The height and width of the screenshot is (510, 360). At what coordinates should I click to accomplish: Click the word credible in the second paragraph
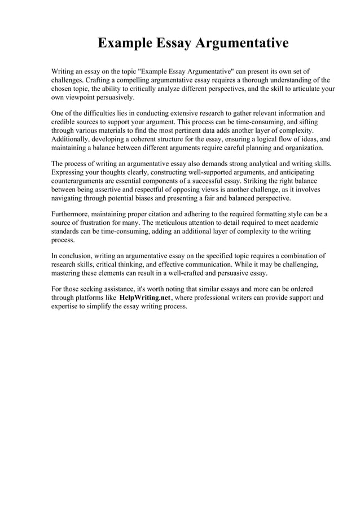pos(64,122)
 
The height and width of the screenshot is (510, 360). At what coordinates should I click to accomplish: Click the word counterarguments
pos(80,181)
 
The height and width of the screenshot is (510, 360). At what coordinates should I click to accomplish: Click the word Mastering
pos(70,273)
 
